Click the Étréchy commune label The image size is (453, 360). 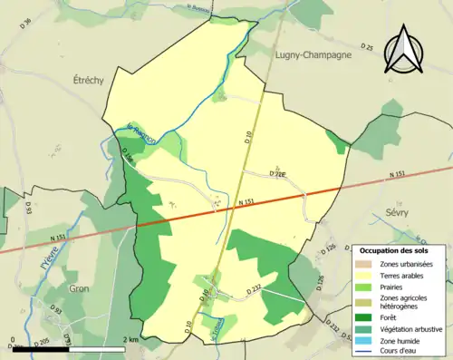(88, 80)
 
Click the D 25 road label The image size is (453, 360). (366, 46)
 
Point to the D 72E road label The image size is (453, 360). (277, 173)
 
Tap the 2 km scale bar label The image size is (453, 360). (132, 340)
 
